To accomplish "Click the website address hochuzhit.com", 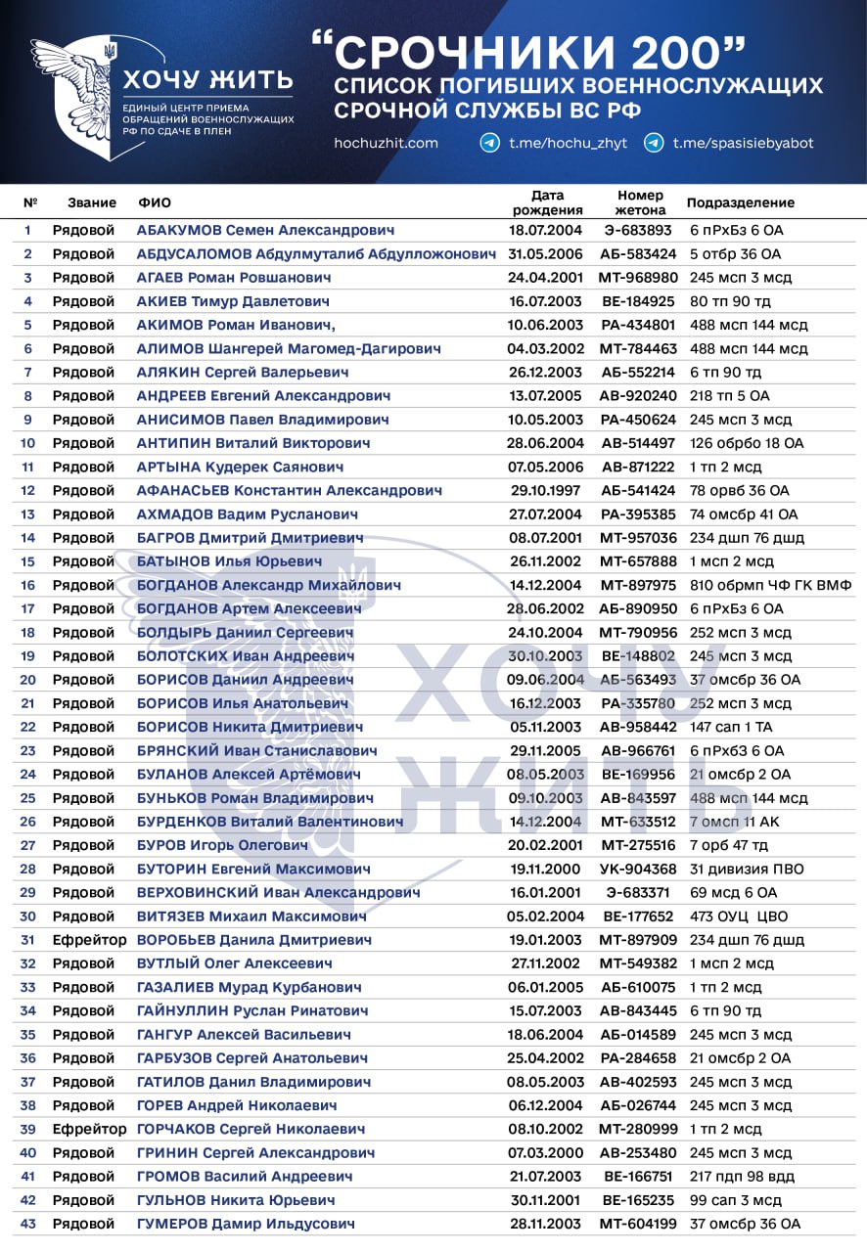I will tap(386, 143).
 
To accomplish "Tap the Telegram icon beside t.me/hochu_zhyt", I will tap(490, 143).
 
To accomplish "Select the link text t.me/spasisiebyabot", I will tap(743, 143).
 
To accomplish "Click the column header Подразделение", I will tap(740, 202).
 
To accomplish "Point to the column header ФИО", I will tap(154, 202).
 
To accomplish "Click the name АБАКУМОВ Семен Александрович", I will tap(265, 231).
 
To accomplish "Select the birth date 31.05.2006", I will tap(546, 254).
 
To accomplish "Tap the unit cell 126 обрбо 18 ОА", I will tap(746, 443).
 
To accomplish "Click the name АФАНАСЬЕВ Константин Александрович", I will tap(289, 490).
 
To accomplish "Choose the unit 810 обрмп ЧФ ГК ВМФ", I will tap(770, 585).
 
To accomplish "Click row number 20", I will tap(27, 680).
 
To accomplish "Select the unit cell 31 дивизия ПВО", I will tap(747, 869).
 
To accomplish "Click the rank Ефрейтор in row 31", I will tap(89, 940).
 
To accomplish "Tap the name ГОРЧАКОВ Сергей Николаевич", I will tap(251, 1129).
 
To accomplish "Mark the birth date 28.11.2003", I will tap(546, 1224).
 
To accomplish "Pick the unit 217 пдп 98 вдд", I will tap(742, 1176).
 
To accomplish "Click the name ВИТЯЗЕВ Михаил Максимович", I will tap(251, 917).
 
